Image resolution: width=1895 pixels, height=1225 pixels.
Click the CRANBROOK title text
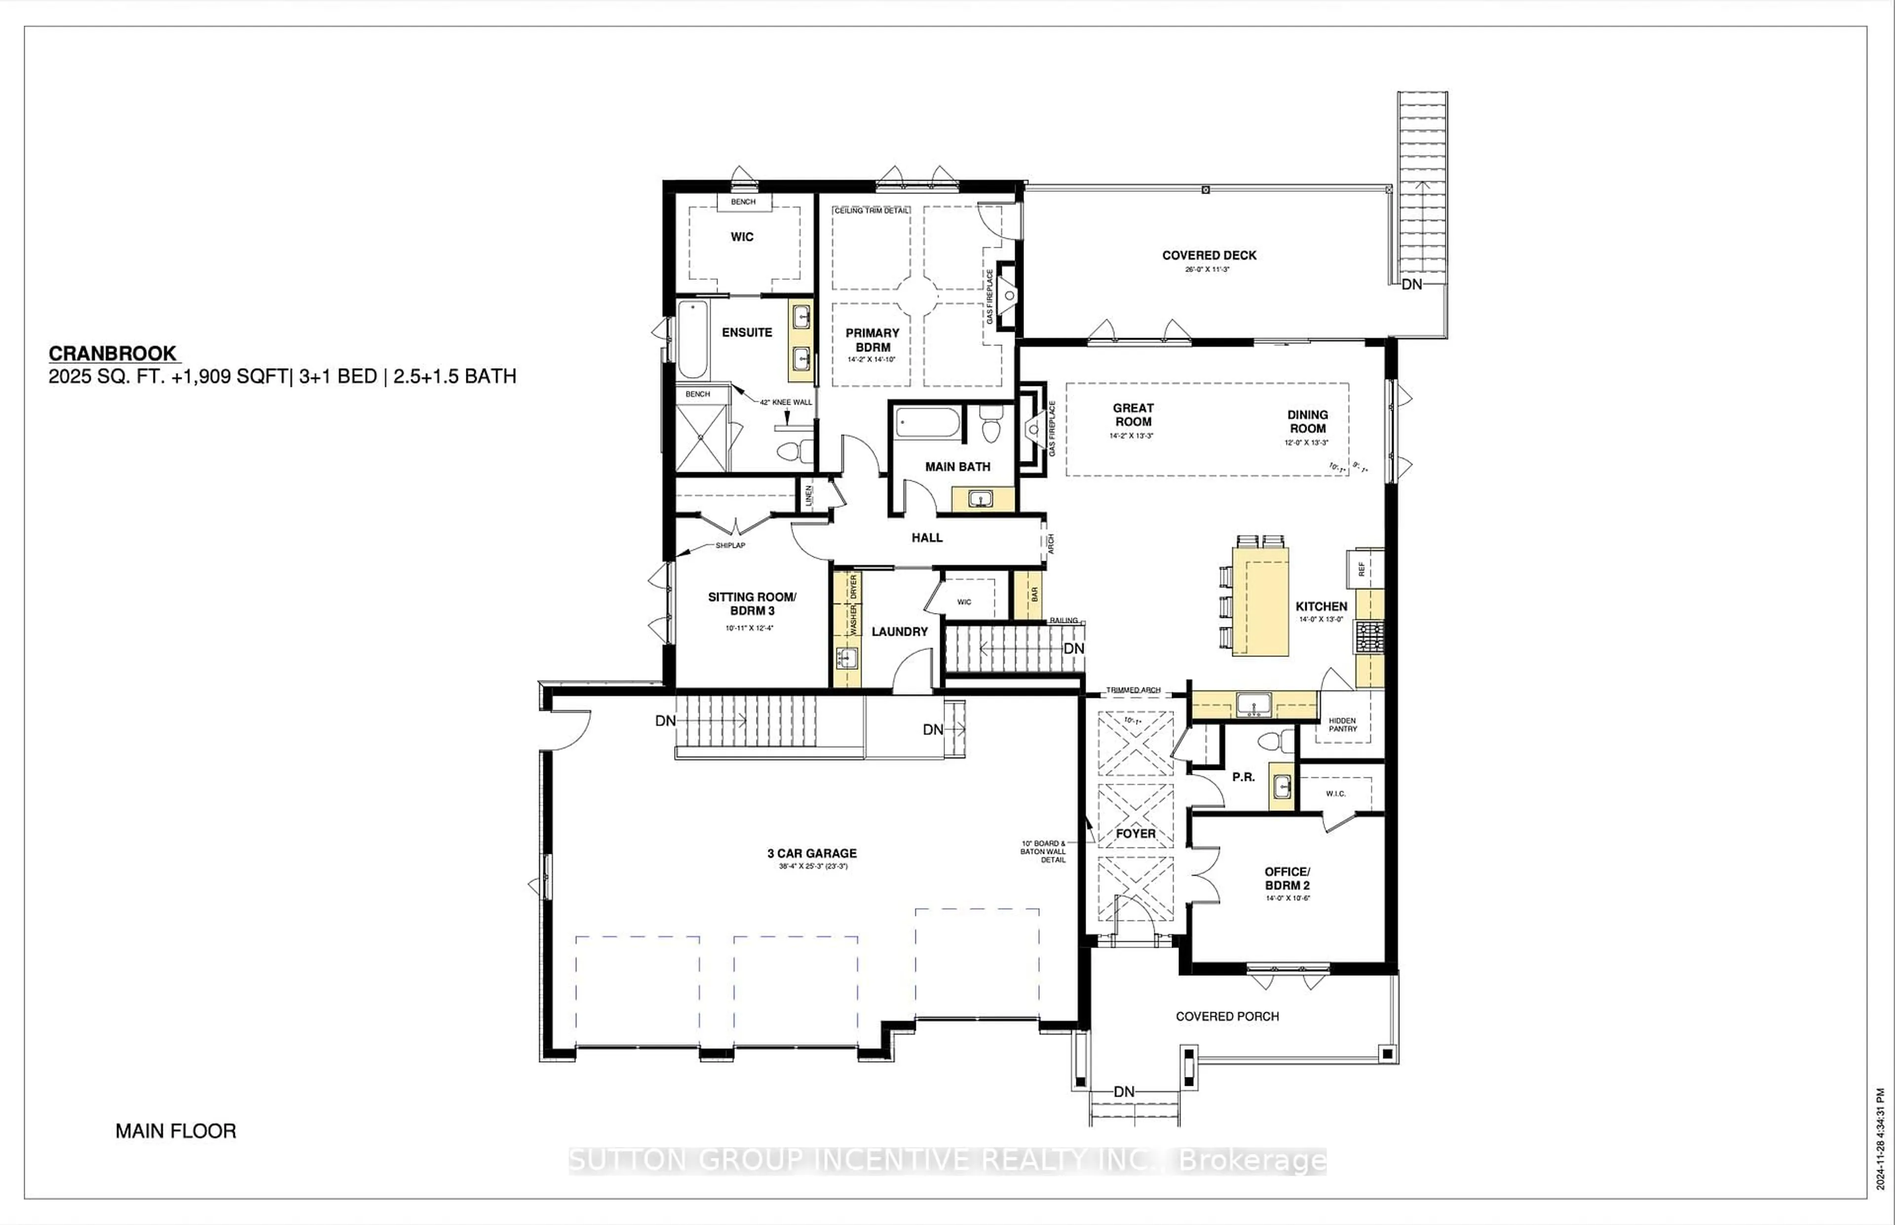[x=113, y=354]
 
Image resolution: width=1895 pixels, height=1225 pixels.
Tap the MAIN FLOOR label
[x=176, y=1130]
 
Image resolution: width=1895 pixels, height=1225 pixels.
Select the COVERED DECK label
[x=1209, y=255]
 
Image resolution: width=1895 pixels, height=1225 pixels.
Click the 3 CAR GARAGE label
[x=812, y=853]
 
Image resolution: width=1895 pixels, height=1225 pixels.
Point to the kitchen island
[x=1260, y=601]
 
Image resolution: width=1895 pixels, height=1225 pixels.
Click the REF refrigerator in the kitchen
[x=1362, y=569]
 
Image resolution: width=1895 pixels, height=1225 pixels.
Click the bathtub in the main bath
[x=927, y=422]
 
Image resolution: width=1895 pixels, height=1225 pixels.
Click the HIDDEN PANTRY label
[x=1342, y=725]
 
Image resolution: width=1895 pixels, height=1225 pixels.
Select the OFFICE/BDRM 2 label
[x=1287, y=878]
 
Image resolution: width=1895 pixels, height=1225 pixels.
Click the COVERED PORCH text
[x=1227, y=1016]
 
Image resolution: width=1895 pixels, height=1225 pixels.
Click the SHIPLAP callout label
[x=730, y=546]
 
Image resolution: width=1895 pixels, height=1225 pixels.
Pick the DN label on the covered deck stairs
[x=1411, y=284]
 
